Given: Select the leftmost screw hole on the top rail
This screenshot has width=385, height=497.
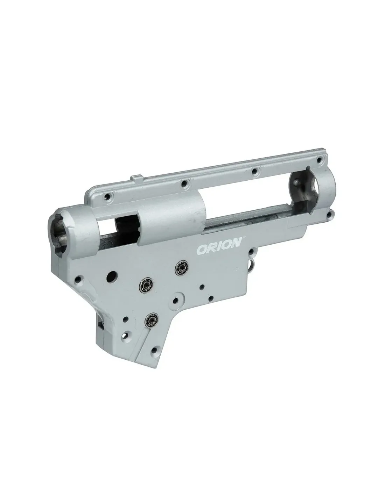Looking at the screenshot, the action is (107, 196).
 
